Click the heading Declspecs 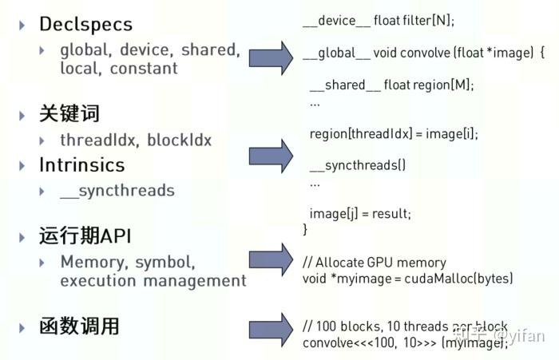tap(86, 24)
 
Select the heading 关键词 tap(69, 114)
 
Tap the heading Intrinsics tap(82, 165)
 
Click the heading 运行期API tap(85, 236)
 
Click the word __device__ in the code tap(333, 22)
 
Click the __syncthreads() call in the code tap(358, 166)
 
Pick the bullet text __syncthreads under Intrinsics tap(117, 191)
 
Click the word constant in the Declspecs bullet tap(144, 69)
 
